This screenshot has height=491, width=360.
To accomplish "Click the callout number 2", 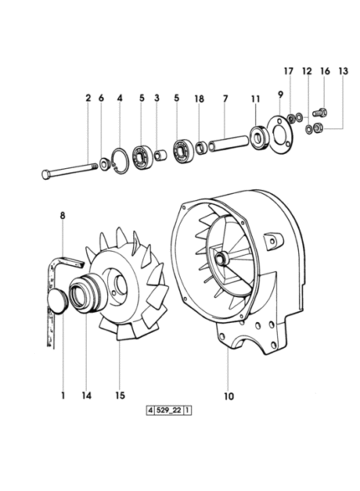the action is pos(88,98).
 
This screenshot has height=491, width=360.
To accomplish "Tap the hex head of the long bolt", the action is pos(46,174).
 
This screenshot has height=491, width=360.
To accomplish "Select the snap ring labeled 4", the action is pos(120,161).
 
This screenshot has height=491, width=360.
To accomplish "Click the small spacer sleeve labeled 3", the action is pos(160,155).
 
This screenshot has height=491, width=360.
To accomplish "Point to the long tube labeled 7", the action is pos(229,142).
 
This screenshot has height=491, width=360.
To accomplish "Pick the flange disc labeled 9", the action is pos(280,135).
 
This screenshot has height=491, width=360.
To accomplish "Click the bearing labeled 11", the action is pos(259,137).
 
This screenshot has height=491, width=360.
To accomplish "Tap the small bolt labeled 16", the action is pos(320,112).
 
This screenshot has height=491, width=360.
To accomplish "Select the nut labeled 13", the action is pos(319,127).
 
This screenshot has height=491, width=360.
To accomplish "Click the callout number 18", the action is pos(199,99).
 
